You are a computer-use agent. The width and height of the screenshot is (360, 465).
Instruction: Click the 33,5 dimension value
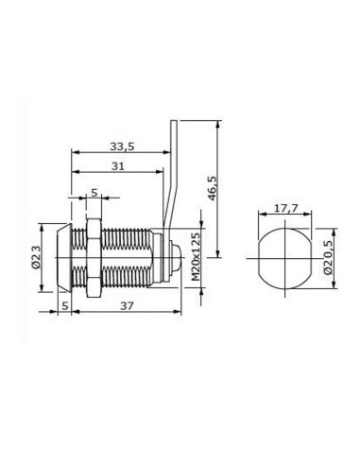[122, 146]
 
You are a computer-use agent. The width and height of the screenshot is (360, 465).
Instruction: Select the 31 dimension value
[118, 166]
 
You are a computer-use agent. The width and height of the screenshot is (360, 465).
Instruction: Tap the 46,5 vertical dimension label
[213, 188]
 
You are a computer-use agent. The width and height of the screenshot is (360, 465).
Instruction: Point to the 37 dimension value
[127, 305]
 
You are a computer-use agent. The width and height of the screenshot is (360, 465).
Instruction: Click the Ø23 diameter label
[37, 258]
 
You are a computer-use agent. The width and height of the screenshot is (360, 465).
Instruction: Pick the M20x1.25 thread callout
[196, 257]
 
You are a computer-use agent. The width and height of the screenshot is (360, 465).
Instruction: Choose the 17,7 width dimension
[285, 208]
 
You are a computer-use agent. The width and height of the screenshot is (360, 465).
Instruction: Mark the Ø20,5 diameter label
[328, 257]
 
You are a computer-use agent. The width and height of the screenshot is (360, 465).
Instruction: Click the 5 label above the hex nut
[94, 193]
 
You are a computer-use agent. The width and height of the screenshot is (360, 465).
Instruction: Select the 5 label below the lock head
[65, 305]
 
